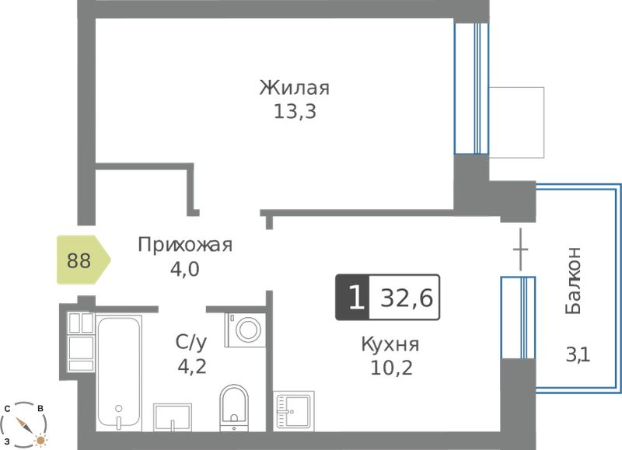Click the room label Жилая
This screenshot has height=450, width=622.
(x=295, y=88)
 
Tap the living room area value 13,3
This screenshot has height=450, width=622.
(x=295, y=112)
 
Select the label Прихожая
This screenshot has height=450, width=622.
(x=185, y=245)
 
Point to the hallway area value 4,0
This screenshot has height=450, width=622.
(x=184, y=269)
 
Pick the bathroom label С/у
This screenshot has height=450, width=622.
(x=191, y=343)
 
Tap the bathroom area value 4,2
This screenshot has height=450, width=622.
(x=192, y=367)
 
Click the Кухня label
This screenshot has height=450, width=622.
(x=390, y=344)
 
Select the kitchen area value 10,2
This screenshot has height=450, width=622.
(x=391, y=368)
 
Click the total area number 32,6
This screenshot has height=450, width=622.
(x=407, y=298)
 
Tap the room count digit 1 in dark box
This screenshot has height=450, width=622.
(x=356, y=298)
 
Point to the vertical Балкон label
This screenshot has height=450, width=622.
(x=573, y=281)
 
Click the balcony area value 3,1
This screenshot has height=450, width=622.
(x=578, y=354)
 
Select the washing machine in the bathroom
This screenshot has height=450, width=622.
(x=245, y=330)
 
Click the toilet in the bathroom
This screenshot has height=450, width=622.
(x=234, y=408)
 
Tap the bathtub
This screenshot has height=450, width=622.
(x=119, y=373)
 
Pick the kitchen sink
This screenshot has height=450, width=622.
(x=294, y=410)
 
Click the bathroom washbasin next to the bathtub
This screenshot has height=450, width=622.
(x=173, y=417)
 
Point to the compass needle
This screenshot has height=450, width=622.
(x=24, y=424)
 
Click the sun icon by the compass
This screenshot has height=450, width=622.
(x=40, y=440)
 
